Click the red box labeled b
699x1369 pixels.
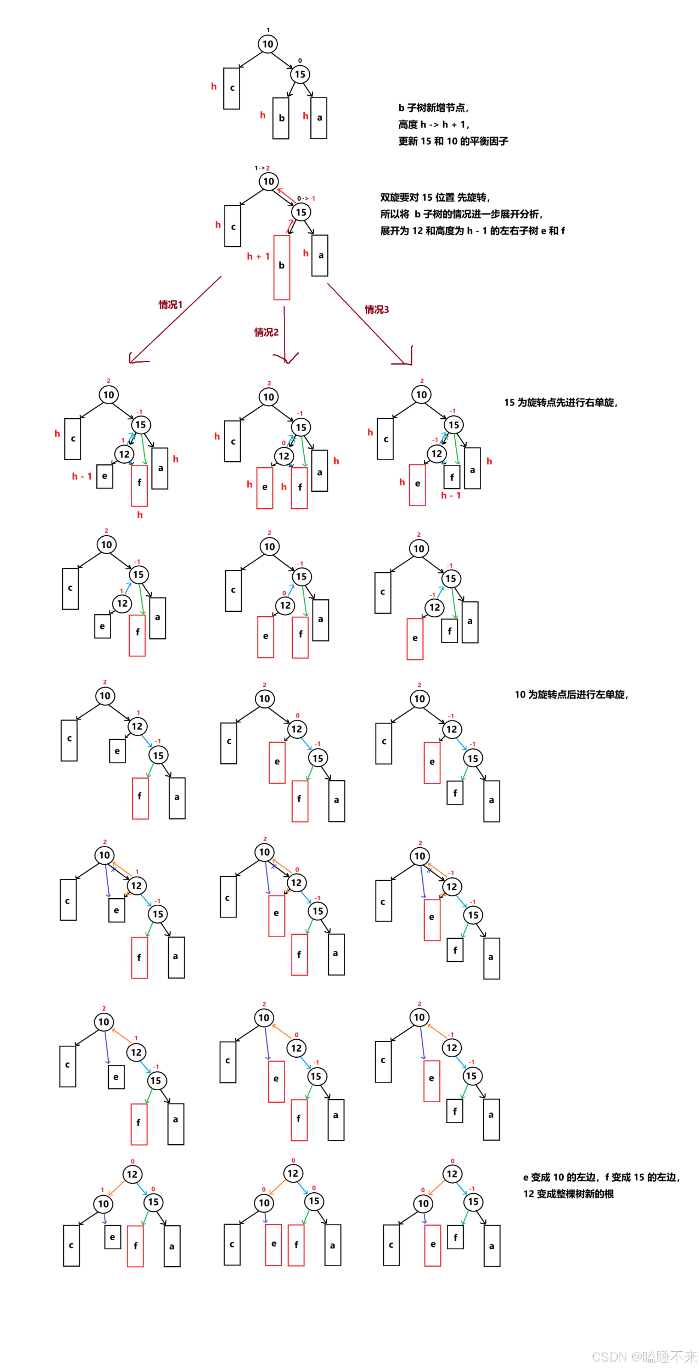[x=281, y=267]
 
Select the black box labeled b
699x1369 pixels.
[x=281, y=118]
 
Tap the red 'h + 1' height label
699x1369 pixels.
[x=258, y=256]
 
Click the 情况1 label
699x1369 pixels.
[x=171, y=305]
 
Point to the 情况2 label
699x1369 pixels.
[x=266, y=332]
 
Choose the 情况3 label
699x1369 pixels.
[x=377, y=309]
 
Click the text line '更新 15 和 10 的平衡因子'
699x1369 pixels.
[x=453, y=141]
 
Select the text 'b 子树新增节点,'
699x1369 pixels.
[x=433, y=108]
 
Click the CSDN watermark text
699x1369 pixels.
[x=643, y=1356]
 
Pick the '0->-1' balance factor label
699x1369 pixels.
[x=306, y=198]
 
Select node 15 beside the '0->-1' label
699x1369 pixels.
[x=301, y=212]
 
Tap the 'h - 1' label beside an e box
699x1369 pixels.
[x=82, y=476]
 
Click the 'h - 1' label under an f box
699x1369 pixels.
[x=451, y=495]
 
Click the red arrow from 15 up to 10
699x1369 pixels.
[x=286, y=195]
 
